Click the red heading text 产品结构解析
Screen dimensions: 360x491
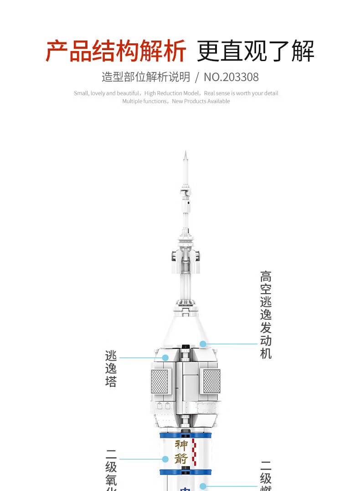[116, 51]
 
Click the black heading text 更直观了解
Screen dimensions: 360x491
[255, 51]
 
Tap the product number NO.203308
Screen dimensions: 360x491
[231, 77]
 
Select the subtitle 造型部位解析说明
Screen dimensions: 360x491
[146, 77]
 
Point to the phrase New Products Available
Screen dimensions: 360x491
[201, 101]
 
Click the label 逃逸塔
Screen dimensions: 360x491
[111, 368]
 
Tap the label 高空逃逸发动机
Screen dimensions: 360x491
[266, 315]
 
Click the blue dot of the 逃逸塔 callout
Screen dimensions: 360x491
[165, 358]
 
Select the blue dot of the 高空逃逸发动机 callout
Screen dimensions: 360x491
[203, 344]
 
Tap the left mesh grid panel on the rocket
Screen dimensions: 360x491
[159, 381]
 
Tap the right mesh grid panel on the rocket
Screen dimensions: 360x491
[211, 381]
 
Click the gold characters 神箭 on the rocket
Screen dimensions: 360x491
[181, 451]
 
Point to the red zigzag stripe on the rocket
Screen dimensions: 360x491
[195, 452]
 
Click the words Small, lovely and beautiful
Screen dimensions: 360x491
[107, 93]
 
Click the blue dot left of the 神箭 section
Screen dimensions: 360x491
[165, 459]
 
